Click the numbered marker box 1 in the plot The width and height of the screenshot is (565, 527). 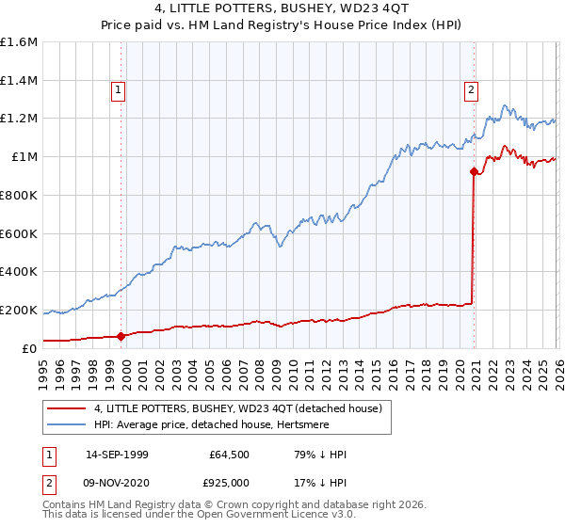(x=119, y=90)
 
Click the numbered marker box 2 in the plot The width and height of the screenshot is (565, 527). (x=470, y=90)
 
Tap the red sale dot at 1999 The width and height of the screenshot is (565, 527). (x=121, y=336)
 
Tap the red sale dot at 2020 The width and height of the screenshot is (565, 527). (x=473, y=171)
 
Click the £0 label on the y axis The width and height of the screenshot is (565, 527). (x=30, y=348)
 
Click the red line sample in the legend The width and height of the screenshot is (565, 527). (x=67, y=408)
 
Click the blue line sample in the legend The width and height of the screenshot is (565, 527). (x=67, y=424)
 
